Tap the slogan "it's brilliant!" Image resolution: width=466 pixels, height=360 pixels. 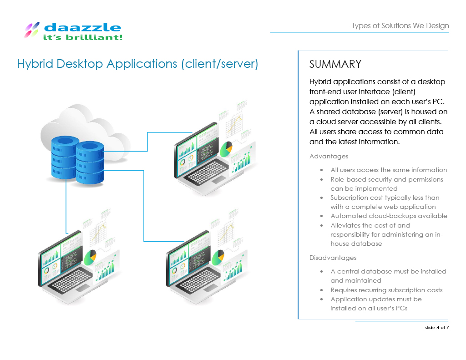(83, 37)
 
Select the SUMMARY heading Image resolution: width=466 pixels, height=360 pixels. (335, 64)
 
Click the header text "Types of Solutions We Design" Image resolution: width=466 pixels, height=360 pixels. (400, 25)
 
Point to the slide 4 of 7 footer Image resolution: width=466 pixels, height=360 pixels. (437, 327)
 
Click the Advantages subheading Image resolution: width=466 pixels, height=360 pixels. (329, 157)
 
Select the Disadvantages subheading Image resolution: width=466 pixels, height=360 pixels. (333, 258)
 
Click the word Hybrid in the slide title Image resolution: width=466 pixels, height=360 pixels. (35, 64)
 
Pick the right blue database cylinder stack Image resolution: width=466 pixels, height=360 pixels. (90, 162)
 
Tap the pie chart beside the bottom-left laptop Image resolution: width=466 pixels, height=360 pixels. (90, 258)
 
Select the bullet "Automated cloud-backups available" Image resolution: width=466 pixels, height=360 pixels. (389, 216)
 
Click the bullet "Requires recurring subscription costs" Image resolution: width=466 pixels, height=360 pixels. (386, 290)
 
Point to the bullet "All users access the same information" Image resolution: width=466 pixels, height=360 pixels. (389, 170)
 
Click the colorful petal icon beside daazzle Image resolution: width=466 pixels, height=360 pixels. (31, 30)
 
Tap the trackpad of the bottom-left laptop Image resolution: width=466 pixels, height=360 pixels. (83, 288)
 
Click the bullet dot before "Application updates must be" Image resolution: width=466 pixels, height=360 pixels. (322, 299)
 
